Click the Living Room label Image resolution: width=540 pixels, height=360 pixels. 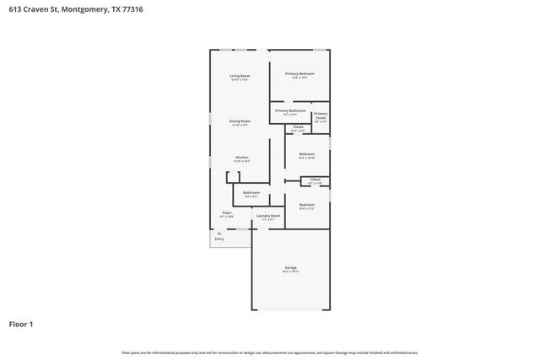[x=240, y=76]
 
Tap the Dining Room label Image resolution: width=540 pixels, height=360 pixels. [x=240, y=121]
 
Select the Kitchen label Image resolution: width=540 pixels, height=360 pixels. [x=241, y=158]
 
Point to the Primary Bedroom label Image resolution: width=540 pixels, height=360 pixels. [x=300, y=74]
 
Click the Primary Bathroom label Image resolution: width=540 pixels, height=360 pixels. [x=290, y=110]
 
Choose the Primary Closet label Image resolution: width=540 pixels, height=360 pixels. [x=321, y=116]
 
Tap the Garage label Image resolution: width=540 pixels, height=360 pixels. [x=290, y=268]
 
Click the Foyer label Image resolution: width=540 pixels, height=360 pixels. [x=227, y=212]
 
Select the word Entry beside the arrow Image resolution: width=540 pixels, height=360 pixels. [x=219, y=239]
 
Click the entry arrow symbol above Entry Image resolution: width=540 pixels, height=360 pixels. [x=219, y=232]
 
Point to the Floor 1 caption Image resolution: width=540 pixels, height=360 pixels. [x=21, y=324]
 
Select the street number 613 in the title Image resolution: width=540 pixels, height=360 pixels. [x=15, y=9]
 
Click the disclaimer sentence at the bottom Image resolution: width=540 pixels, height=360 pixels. [x=270, y=352]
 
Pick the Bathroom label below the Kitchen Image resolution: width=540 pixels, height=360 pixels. [x=251, y=192]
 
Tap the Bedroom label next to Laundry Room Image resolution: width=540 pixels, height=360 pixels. [x=306, y=204]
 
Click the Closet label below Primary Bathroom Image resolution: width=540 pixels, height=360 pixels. [x=298, y=126]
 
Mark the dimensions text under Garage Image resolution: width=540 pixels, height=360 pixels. [x=290, y=272]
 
